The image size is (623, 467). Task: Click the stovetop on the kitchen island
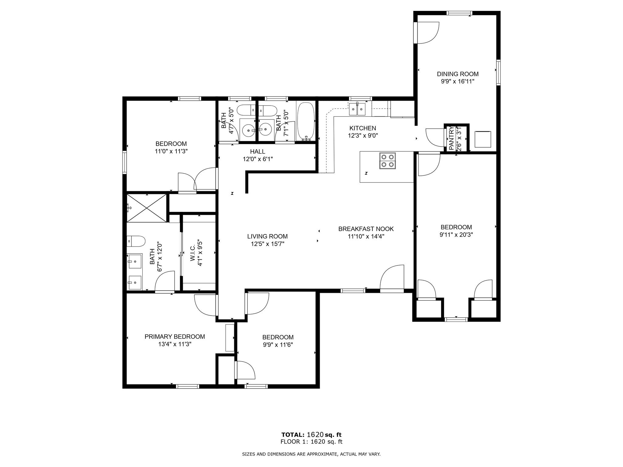click(387, 161)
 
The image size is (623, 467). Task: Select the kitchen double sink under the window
click(357, 109)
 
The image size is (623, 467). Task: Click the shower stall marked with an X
click(147, 208)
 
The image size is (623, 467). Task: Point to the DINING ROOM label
click(458, 74)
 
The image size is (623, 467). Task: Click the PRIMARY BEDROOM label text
click(175, 337)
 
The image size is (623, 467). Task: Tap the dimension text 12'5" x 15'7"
click(267, 244)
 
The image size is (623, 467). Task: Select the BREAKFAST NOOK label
click(366, 229)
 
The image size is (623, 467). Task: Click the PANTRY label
click(451, 139)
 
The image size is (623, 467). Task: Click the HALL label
click(257, 151)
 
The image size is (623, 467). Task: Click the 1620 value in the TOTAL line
click(315, 435)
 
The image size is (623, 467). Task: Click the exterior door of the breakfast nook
click(392, 278)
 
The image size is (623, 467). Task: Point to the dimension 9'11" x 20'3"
click(456, 235)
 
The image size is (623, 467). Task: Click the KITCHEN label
click(363, 128)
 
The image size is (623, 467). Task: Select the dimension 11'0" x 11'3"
click(171, 151)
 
